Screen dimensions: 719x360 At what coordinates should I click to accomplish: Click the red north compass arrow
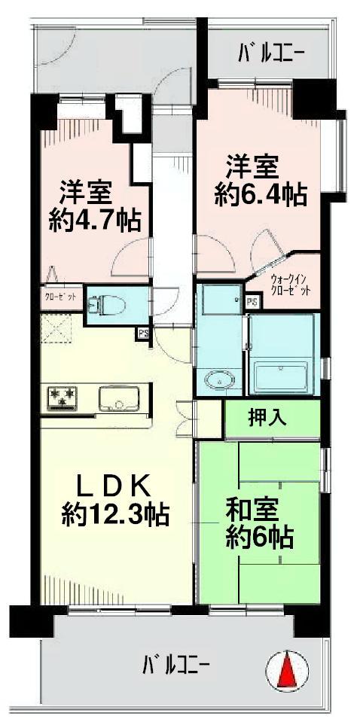click(x=288, y=669)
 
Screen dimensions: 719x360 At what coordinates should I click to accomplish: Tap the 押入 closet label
click(x=267, y=419)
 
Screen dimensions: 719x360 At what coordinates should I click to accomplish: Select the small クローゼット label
click(x=61, y=297)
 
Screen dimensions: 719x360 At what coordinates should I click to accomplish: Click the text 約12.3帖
click(x=114, y=514)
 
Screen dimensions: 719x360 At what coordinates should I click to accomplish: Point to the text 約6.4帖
click(x=260, y=196)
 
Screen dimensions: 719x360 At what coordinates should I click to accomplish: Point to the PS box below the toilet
click(x=142, y=333)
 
